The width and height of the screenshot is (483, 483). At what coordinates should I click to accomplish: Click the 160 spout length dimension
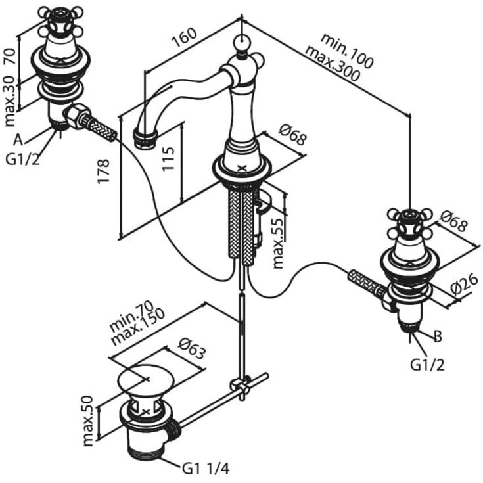tap(184, 37)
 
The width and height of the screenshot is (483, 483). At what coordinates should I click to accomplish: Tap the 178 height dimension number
tap(104, 172)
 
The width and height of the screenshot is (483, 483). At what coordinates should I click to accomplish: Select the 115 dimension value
tap(168, 158)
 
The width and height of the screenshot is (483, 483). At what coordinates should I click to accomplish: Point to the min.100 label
tap(347, 51)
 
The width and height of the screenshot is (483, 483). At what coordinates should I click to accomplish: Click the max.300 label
tap(332, 64)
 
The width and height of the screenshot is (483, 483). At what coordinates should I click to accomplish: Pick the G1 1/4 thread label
tap(206, 469)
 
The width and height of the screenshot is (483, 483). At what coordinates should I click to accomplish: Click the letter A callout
tap(18, 141)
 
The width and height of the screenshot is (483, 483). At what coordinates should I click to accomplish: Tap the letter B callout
tap(438, 336)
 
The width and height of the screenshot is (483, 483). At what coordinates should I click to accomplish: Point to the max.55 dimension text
tap(279, 243)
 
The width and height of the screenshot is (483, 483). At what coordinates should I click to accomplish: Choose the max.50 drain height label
tap(89, 421)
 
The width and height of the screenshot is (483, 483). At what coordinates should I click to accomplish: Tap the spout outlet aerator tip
tap(144, 139)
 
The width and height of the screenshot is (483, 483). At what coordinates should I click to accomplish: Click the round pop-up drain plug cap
tap(146, 380)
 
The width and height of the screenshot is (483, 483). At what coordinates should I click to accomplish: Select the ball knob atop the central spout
tap(242, 43)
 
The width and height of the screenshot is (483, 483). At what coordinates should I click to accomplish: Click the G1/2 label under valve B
tap(427, 365)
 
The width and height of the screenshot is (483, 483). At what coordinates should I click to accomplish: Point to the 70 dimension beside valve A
tap(10, 56)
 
